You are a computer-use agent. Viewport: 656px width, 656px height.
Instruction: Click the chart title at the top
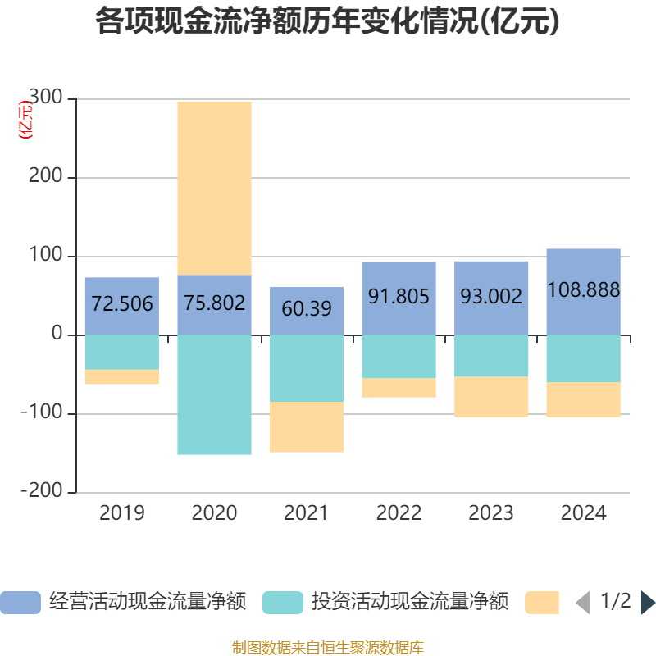point(327,22)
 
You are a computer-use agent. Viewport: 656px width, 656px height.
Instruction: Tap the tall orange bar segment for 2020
point(214,187)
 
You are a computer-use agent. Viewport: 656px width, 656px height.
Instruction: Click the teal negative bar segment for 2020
point(214,394)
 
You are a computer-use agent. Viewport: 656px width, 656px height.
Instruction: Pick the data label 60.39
point(307,309)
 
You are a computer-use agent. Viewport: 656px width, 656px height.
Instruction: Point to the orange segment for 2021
point(307,426)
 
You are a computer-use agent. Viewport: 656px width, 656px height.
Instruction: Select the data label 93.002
point(491,296)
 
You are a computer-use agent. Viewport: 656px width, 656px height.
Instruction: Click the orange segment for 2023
point(491,397)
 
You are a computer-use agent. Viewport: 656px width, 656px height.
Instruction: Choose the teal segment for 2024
point(583,358)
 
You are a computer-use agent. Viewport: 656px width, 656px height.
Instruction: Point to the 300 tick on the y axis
point(45,98)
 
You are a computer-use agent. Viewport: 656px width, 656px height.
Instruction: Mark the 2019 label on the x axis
point(121,513)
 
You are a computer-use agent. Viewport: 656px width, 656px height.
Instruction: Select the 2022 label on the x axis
point(399,513)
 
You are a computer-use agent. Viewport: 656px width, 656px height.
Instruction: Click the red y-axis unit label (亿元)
point(26,120)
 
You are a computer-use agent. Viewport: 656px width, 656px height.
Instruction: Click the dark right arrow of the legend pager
point(648,603)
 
